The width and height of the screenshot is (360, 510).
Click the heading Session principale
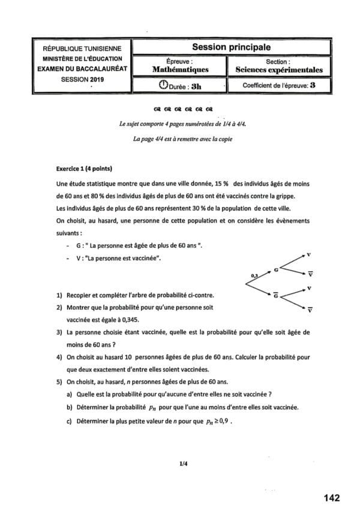(x=231, y=47)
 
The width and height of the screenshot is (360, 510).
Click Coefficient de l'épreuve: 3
(x=279, y=86)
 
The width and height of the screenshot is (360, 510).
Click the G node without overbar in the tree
(x=275, y=270)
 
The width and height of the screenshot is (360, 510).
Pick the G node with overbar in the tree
(x=275, y=295)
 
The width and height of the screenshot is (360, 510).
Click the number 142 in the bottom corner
(x=331, y=497)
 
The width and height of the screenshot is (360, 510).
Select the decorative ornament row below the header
(x=183, y=110)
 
